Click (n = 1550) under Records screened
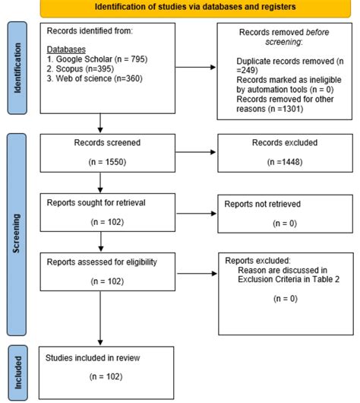coord(99,162)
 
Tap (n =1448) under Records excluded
coord(279,162)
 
